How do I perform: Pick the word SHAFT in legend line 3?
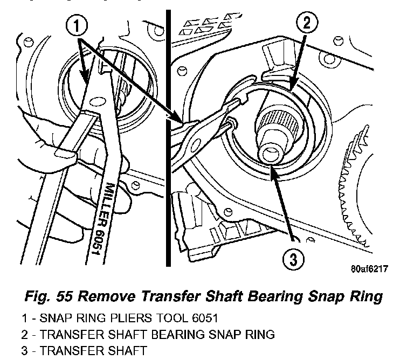(x=123, y=350)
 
